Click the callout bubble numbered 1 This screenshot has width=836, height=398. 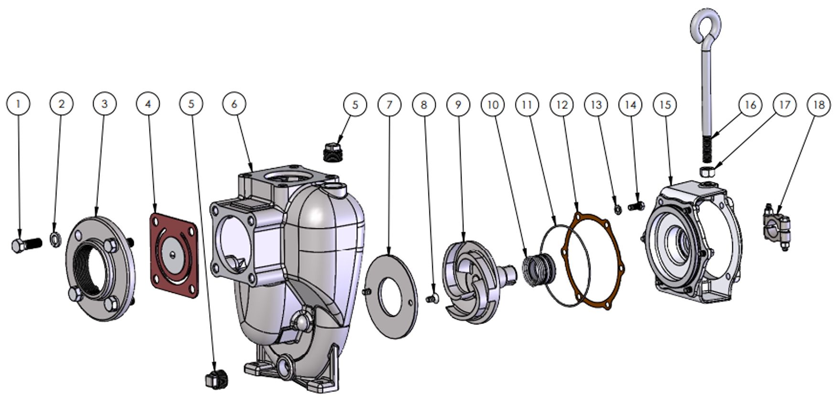click(x=19, y=104)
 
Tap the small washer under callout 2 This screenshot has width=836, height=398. click(x=55, y=238)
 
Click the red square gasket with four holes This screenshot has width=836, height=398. click(x=174, y=255)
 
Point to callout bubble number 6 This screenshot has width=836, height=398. click(x=234, y=104)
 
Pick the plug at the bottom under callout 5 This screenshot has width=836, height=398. click(x=216, y=378)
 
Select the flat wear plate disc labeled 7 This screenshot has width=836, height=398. click(x=391, y=297)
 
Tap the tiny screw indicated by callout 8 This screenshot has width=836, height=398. click(x=431, y=299)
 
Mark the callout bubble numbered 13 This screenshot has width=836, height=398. click(x=596, y=105)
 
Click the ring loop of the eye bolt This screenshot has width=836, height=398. click(x=706, y=29)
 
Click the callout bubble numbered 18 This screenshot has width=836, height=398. click(x=819, y=105)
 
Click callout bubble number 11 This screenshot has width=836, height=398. click(x=527, y=105)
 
